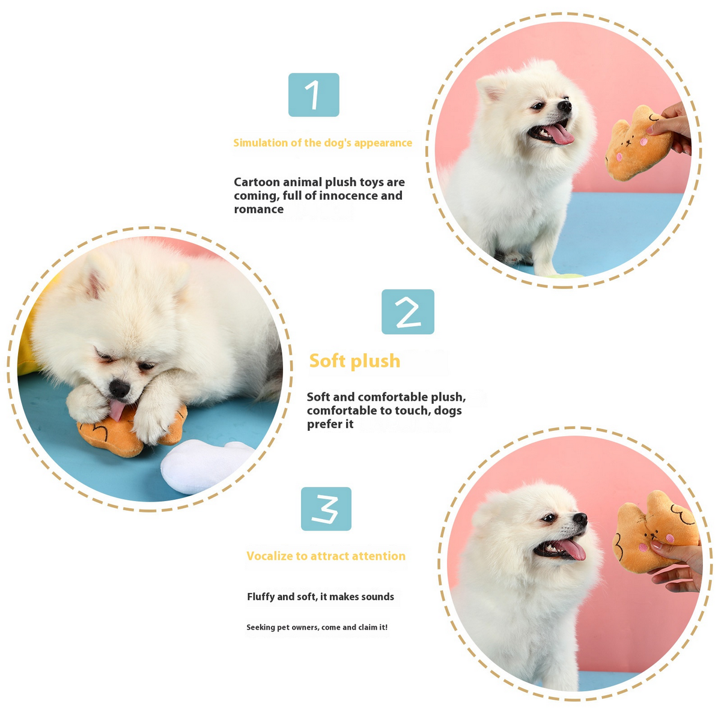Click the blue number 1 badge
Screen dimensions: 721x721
pyautogui.click(x=314, y=95)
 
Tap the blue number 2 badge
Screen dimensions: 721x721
pyautogui.click(x=407, y=312)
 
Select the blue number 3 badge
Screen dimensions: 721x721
pyautogui.click(x=326, y=509)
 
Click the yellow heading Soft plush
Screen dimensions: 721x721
pyautogui.click(x=354, y=361)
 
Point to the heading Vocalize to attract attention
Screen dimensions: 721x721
pyautogui.click(x=326, y=556)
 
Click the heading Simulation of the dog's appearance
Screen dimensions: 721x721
pyautogui.click(x=323, y=143)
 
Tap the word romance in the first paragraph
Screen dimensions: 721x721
pyautogui.click(x=259, y=210)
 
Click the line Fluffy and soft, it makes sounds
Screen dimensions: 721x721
pyautogui.click(x=320, y=597)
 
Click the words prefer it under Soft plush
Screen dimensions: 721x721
pyautogui.click(x=330, y=424)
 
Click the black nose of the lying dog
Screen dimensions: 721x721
pyautogui.click(x=119, y=389)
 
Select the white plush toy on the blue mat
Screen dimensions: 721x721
pyautogui.click(x=204, y=466)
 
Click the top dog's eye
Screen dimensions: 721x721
pyautogui.click(x=538, y=106)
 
